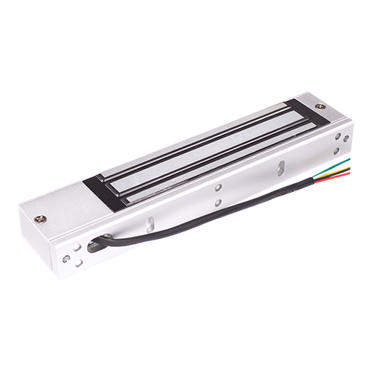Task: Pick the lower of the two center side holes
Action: pyautogui.click(x=217, y=201)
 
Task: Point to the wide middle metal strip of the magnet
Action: pyautogui.click(x=201, y=150)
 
